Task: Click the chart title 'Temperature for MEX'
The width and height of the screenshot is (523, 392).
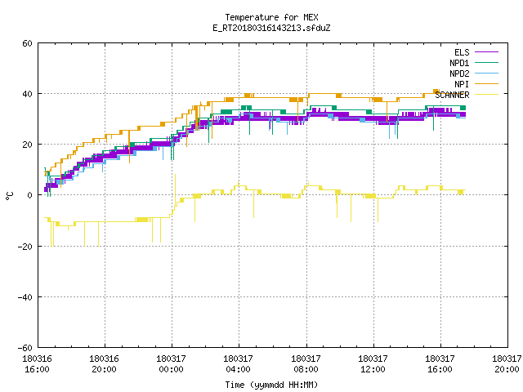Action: point(271,17)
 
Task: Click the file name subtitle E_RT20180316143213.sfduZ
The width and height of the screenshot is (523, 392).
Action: point(271,28)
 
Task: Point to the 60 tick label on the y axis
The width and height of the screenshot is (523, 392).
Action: point(27,43)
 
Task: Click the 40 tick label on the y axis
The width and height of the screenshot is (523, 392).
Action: point(27,94)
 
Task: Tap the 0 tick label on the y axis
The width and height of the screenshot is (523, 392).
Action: point(30,195)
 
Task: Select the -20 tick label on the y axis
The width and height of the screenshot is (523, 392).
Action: point(25,247)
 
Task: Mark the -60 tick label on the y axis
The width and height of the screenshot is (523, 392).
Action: point(25,348)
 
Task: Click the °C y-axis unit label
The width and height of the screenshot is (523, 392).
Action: point(9,196)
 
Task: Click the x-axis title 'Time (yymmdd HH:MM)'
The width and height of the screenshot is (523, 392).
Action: point(271,385)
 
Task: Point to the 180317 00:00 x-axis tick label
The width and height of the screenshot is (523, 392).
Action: point(171,364)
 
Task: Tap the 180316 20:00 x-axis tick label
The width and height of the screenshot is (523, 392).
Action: point(104,364)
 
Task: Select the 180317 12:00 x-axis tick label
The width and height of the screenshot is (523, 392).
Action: point(373,364)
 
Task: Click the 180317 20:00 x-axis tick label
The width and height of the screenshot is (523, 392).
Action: point(507,364)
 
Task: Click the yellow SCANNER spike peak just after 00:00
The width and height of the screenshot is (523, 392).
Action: point(175,175)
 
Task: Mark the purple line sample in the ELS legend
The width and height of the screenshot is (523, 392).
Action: point(487,52)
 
